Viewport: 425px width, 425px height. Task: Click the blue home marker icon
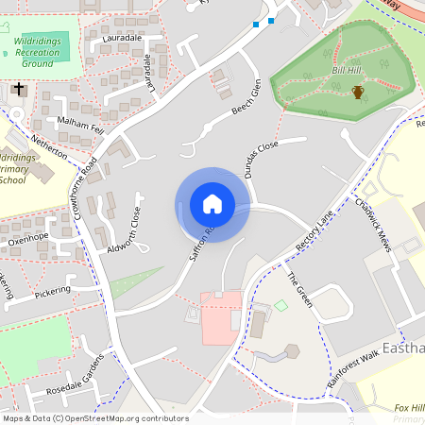pos(212,204)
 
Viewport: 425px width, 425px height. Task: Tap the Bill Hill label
pos(348,70)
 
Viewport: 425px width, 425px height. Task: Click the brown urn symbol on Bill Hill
pos(358,92)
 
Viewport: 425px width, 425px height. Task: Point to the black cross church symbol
pos(18,91)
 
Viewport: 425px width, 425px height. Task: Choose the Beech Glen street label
pos(246,97)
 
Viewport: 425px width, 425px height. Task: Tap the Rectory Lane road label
pos(315,230)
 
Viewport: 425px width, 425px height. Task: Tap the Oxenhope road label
pos(28,238)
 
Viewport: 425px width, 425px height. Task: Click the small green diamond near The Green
pos(280,305)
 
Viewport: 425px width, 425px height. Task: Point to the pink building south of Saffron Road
pos(221,317)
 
